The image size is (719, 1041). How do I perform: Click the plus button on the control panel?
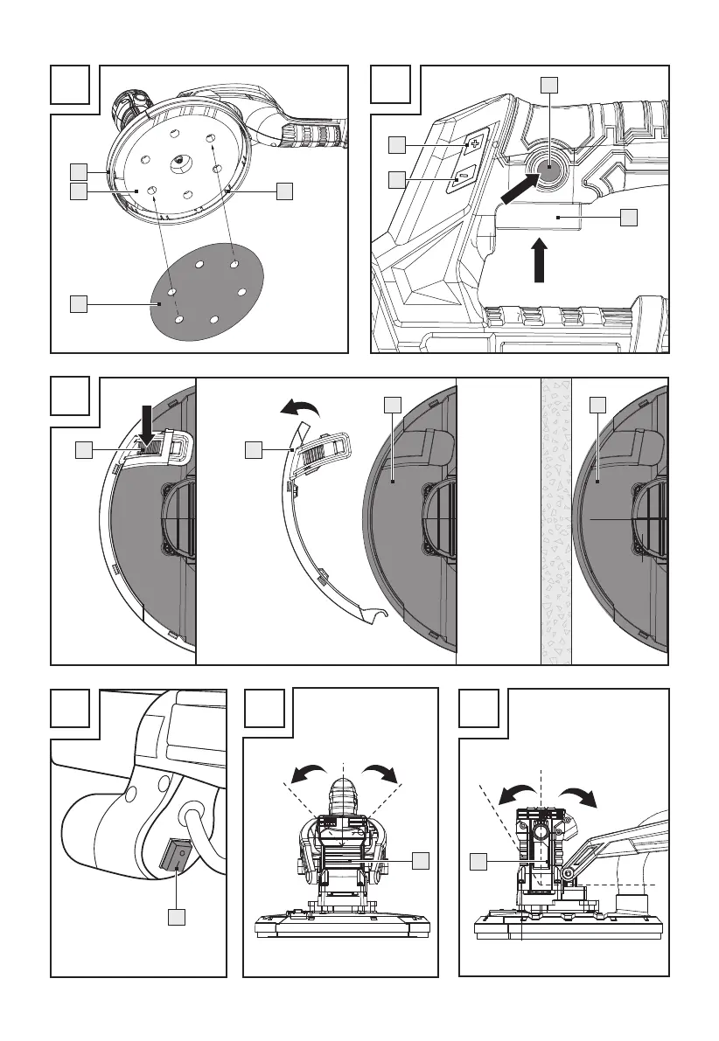[x=476, y=142]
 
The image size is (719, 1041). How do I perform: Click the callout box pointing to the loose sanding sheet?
[x=79, y=303]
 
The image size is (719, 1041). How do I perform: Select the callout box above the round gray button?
[x=548, y=84]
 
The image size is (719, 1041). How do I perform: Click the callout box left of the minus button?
[x=397, y=179]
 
